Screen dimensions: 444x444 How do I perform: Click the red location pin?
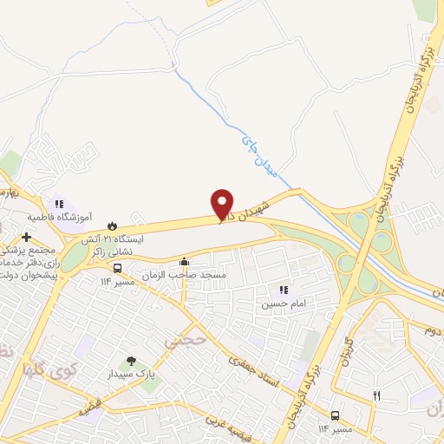click(223, 203)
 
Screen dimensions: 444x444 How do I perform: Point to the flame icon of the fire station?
click(112, 225)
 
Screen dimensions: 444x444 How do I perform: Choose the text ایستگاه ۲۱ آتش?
click(112, 237)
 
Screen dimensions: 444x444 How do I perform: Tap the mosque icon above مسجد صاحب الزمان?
click(183, 262)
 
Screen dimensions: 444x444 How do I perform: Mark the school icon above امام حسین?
click(283, 291)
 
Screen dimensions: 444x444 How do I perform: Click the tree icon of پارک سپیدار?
click(131, 360)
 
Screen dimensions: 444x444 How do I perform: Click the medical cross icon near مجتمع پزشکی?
click(27, 237)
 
